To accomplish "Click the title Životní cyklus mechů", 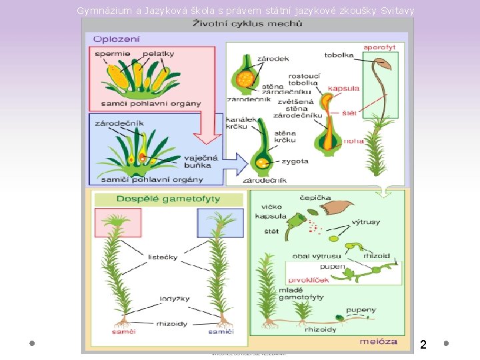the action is (x=247, y=24).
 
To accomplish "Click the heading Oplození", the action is (x=117, y=39).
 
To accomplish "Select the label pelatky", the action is (x=159, y=54).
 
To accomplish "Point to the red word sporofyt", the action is (x=379, y=47).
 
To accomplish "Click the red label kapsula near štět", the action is (x=344, y=88).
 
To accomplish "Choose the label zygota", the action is (x=295, y=161).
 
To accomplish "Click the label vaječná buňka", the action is (x=198, y=161).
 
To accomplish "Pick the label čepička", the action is (x=315, y=198).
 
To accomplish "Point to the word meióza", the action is (x=378, y=341).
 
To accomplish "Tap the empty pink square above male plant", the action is (x=118, y=223).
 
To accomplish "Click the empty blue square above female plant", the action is (x=216, y=223).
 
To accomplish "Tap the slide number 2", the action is (x=423, y=345).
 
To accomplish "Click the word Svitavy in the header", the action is (x=397, y=11).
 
